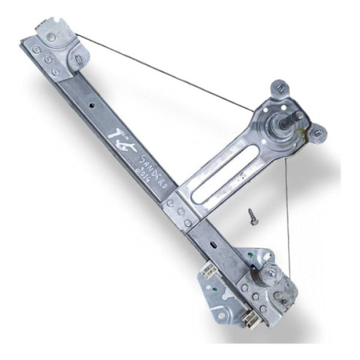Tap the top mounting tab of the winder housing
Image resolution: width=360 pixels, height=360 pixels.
coord(280,88)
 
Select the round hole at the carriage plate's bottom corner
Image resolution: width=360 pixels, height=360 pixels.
coord(221,314)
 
